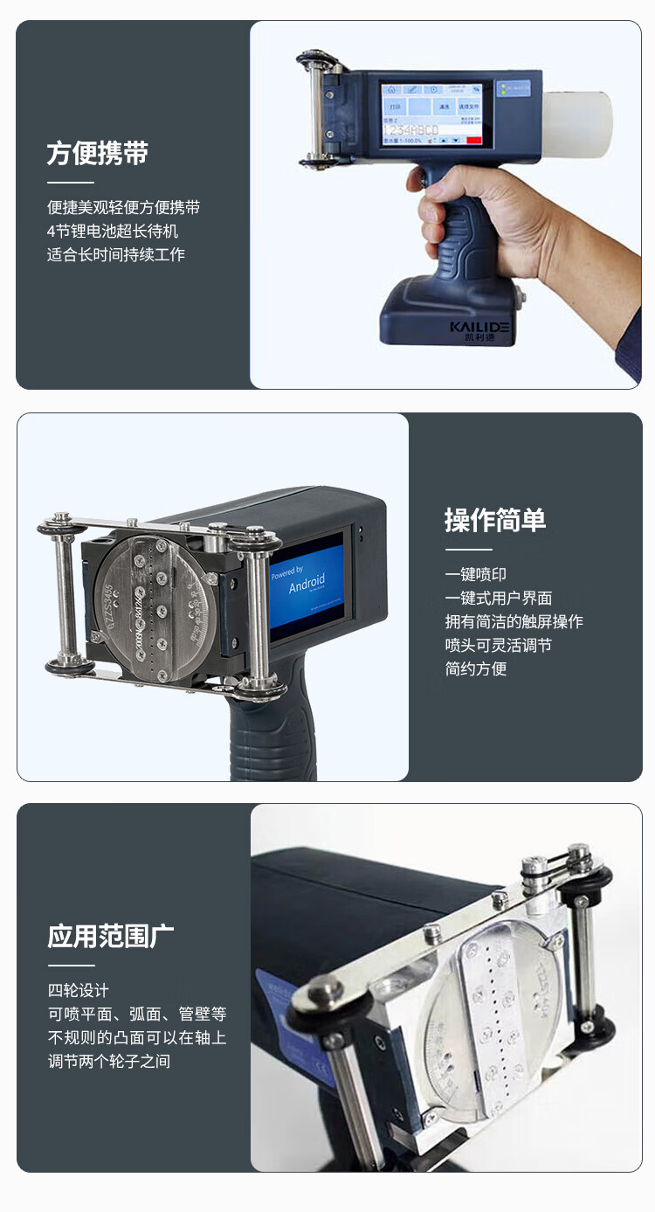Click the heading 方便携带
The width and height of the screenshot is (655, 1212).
pyautogui.click(x=97, y=153)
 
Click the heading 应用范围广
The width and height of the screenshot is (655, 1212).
pyautogui.click(x=110, y=936)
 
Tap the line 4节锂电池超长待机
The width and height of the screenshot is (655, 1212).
pyautogui.click(x=113, y=232)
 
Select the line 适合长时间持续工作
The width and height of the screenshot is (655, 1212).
pyautogui.click(x=116, y=255)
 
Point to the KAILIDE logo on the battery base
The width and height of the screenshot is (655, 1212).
pyautogui.click(x=479, y=327)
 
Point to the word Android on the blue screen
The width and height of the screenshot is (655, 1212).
pyautogui.click(x=307, y=584)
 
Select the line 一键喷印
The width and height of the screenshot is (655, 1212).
pyautogui.click(x=475, y=574)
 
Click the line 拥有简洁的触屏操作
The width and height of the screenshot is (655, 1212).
pyautogui.click(x=514, y=621)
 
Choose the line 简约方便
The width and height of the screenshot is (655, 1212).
pyautogui.click(x=475, y=668)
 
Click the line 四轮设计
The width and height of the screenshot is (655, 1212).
pyautogui.click(x=79, y=991)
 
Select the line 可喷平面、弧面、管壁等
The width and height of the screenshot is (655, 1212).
pyautogui.click(x=137, y=1015)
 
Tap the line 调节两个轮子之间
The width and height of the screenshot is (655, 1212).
pyautogui.click(x=109, y=1062)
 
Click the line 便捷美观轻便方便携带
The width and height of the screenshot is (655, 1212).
pyautogui.click(x=124, y=208)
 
